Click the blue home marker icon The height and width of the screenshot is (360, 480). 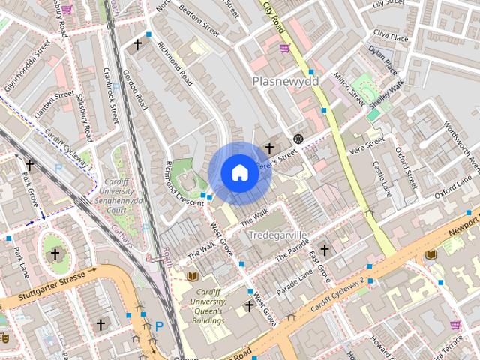[239, 173]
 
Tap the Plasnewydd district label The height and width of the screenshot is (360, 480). [285, 80]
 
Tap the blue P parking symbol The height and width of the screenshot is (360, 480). [159, 326]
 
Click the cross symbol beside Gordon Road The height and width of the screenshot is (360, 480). [137, 45]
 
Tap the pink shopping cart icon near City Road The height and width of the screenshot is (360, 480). [284, 49]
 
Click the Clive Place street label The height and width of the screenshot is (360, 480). [391, 36]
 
